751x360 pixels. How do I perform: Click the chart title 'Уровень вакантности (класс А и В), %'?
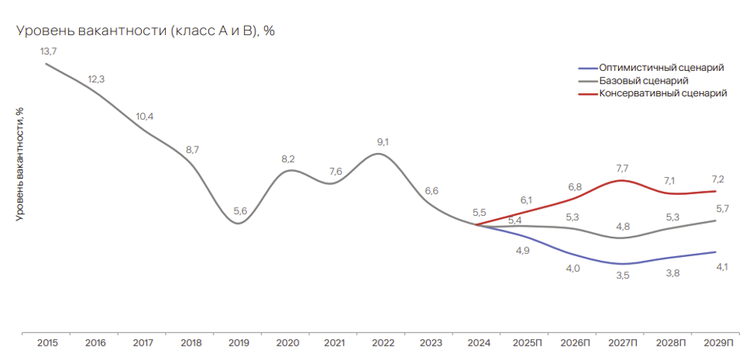(146, 31)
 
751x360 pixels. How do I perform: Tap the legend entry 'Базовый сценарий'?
(643, 81)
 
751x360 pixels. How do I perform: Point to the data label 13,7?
(49, 50)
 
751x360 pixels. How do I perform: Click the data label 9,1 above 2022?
(383, 141)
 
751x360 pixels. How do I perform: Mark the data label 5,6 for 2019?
(240, 211)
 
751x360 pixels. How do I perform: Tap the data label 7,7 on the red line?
(622, 168)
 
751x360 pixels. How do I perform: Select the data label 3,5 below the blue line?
(622, 276)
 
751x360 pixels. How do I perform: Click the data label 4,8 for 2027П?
(622, 226)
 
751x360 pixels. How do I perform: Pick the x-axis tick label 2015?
(48, 343)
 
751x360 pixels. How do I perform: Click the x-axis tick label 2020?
(287, 343)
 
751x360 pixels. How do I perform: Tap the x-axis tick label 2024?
(479, 343)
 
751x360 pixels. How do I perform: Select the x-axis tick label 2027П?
(622, 343)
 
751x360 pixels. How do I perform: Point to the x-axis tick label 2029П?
(718, 343)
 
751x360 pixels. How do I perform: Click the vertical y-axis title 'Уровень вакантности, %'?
(19, 163)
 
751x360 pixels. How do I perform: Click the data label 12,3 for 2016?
(96, 79)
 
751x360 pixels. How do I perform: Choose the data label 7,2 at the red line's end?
(718, 179)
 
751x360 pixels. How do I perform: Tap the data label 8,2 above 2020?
(288, 158)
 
